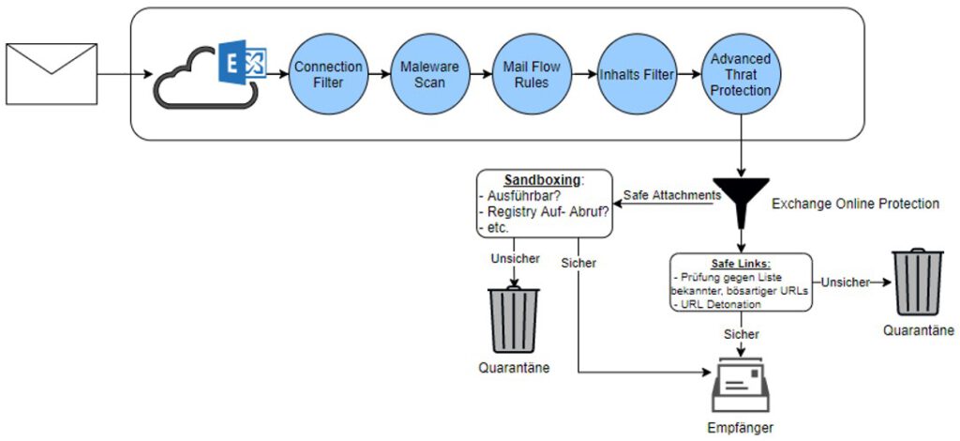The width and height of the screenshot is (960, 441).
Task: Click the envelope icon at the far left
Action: [x=52, y=74]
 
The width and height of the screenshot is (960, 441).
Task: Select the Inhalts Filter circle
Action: [x=637, y=74]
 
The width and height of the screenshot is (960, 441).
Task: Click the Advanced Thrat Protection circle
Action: [x=741, y=74]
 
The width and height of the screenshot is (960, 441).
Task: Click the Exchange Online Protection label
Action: [x=855, y=204]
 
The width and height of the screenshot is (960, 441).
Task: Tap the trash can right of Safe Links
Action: [x=917, y=281]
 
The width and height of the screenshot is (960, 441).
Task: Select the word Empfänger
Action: [x=741, y=429]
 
